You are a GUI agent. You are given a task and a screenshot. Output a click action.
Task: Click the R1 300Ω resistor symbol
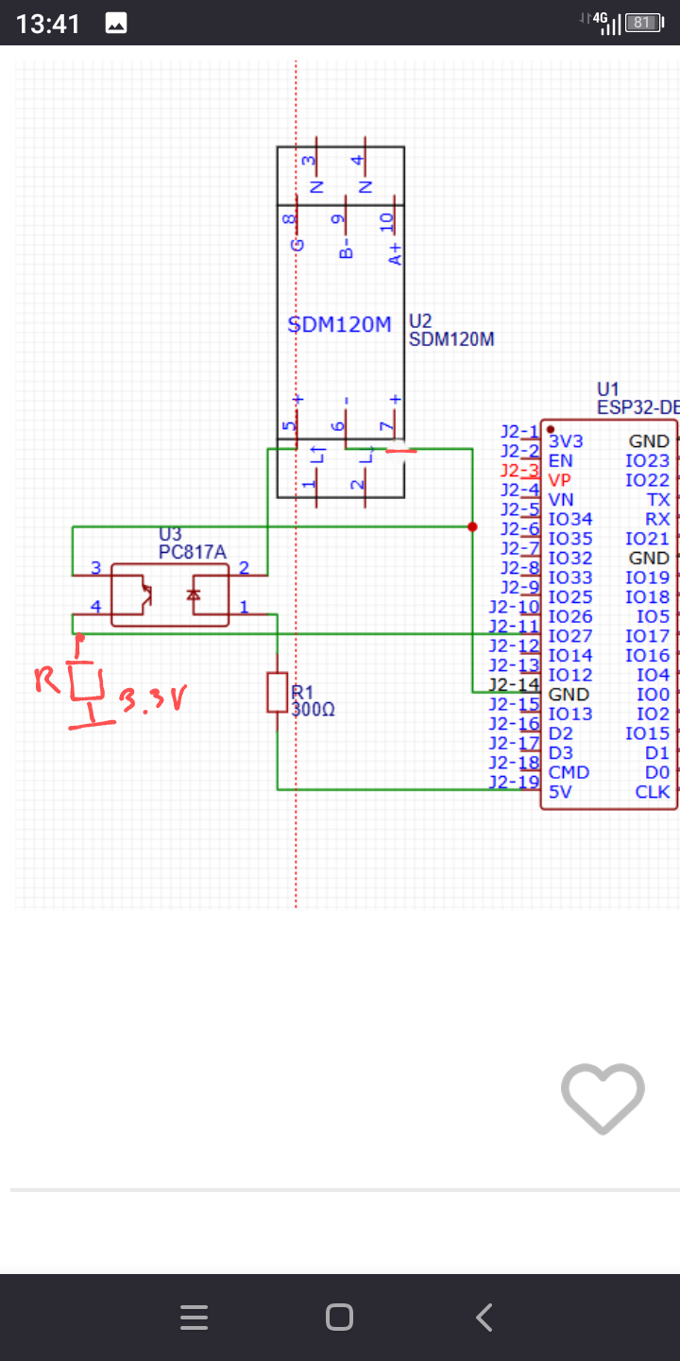pyautogui.click(x=278, y=692)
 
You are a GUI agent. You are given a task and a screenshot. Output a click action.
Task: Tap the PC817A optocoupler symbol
pyautogui.click(x=170, y=594)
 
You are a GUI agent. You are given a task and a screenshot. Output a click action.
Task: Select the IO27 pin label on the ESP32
pyautogui.click(x=570, y=636)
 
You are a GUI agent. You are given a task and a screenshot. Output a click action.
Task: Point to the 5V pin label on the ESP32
pyautogui.click(x=560, y=791)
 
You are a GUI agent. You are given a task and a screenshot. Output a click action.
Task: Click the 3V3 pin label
pyautogui.click(x=566, y=441)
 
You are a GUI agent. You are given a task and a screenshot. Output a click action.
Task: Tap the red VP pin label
pyautogui.click(x=560, y=480)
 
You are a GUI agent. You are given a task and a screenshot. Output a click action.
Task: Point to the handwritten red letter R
pyautogui.click(x=47, y=680)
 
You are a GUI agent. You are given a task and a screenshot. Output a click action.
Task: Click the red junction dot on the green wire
pyautogui.click(x=472, y=526)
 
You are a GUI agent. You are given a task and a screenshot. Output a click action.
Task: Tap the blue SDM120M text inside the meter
pyautogui.click(x=339, y=325)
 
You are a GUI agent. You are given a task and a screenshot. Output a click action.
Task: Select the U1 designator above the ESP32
pyautogui.click(x=607, y=389)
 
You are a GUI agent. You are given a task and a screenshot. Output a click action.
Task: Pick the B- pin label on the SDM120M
pyautogui.click(x=346, y=249)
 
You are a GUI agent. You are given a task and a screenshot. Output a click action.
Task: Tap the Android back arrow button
pyautogui.click(x=484, y=1318)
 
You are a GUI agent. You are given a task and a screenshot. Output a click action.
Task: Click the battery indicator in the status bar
pyautogui.click(x=642, y=23)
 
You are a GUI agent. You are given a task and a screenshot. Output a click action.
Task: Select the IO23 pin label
pyautogui.click(x=647, y=461)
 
